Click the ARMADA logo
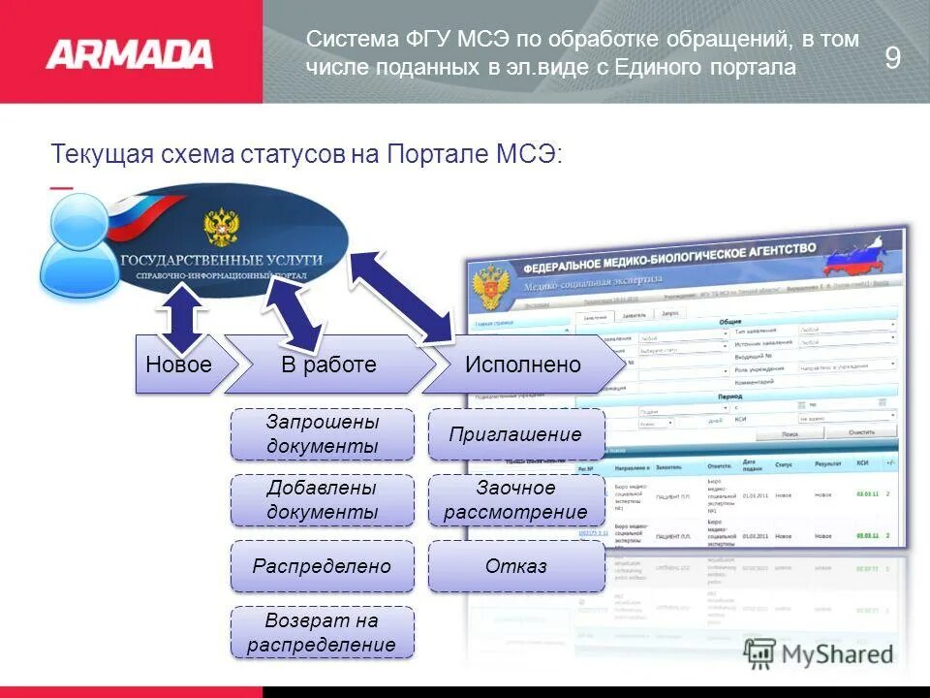tap(129, 53)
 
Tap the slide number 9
tap(892, 58)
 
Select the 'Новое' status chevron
tap(178, 365)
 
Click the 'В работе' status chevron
tap(328, 365)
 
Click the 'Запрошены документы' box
tap(322, 434)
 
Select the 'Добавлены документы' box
tap(322, 500)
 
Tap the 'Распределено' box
tap(322, 566)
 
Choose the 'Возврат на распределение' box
tap(322, 632)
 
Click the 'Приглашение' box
tap(515, 434)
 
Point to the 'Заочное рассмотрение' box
tap(515, 500)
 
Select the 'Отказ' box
tap(515, 566)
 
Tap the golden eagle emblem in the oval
tap(221, 225)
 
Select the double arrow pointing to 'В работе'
tap(294, 315)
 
